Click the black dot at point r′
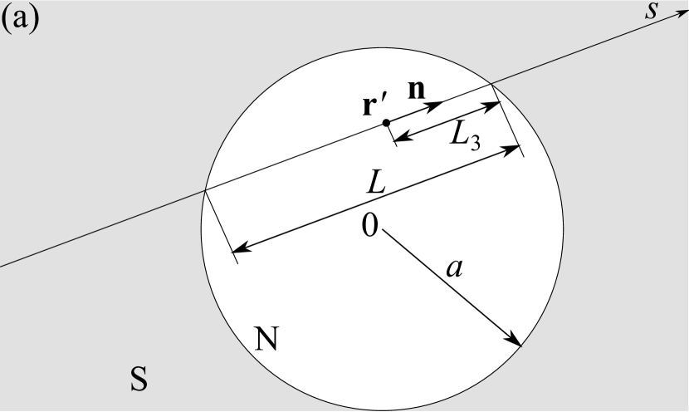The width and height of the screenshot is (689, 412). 386,123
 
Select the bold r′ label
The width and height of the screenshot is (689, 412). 373,107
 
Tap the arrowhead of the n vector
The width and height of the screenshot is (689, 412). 437,104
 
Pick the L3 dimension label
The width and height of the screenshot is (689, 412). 464,135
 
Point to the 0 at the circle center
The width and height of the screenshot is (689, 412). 369,223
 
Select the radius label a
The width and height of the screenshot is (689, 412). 453,267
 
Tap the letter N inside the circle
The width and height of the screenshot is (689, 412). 266,338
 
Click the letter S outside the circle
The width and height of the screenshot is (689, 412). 139,380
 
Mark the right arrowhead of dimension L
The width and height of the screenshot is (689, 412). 516,149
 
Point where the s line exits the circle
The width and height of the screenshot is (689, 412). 491,85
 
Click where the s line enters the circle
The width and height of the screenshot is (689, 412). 205,191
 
